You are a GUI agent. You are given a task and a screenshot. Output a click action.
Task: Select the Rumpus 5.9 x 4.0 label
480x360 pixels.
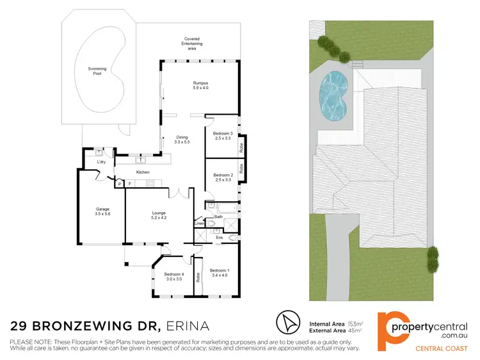[x=201, y=85]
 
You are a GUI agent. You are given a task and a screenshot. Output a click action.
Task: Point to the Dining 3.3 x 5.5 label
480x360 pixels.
[x=183, y=139]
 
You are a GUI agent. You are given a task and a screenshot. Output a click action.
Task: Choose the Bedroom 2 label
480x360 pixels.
[x=222, y=177]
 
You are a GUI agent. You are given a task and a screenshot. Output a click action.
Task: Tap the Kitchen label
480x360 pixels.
[x=143, y=172]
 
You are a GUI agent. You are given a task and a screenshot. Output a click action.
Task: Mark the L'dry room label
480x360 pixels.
[x=101, y=162]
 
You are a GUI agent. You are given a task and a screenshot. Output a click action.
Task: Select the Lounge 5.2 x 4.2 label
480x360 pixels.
[x=159, y=216]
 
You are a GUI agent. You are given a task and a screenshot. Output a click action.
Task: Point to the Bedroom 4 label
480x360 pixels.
[x=165, y=277]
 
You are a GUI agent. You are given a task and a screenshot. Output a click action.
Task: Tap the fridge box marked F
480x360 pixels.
[x=130, y=184]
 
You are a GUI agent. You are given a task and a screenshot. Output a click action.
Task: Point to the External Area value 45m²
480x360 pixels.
[x=353, y=331]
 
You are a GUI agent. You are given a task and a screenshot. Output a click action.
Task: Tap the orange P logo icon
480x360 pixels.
[x=390, y=327]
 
